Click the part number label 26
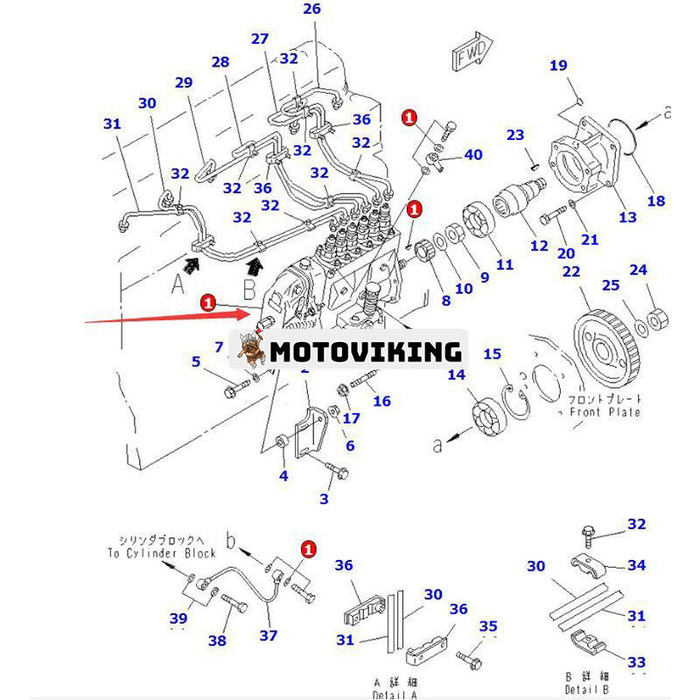[312, 10]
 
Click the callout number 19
[559, 65]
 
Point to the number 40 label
[472, 155]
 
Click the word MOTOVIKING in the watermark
[365, 352]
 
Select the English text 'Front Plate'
[605, 412]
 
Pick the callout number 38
[217, 640]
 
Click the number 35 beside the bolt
[489, 626]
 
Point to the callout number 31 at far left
[113, 124]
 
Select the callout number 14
[457, 374]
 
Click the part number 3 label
[325, 499]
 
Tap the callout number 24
[640, 270]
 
